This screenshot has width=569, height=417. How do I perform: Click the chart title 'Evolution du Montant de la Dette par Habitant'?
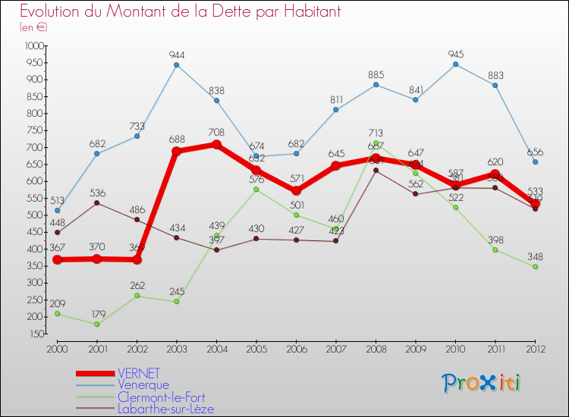point(181,12)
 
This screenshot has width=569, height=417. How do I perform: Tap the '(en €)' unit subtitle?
point(34,27)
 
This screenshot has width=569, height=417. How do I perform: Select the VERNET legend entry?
point(138,373)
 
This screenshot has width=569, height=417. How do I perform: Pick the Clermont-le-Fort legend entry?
point(161,397)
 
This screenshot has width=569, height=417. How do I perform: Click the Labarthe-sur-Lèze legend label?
point(165,409)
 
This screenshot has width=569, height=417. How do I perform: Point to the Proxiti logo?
point(483,383)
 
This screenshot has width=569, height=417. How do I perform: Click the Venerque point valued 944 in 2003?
point(177,64)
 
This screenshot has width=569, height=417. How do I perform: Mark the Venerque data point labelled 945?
point(455,64)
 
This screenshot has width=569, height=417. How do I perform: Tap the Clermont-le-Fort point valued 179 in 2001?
point(97,325)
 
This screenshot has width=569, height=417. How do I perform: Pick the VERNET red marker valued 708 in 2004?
point(216,145)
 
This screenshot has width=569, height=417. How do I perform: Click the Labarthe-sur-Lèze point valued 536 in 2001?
point(97,203)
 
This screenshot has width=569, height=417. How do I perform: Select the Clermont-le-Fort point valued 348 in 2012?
point(535,267)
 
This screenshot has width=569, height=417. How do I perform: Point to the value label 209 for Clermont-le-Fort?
point(58,303)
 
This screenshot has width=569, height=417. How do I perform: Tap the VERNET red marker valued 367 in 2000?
point(58,260)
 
